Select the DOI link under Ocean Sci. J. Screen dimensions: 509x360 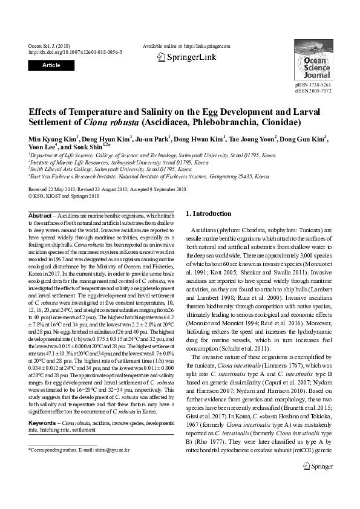tap(75, 52)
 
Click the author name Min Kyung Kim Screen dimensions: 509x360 tap(51, 139)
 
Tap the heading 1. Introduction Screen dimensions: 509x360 tap(208, 213)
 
